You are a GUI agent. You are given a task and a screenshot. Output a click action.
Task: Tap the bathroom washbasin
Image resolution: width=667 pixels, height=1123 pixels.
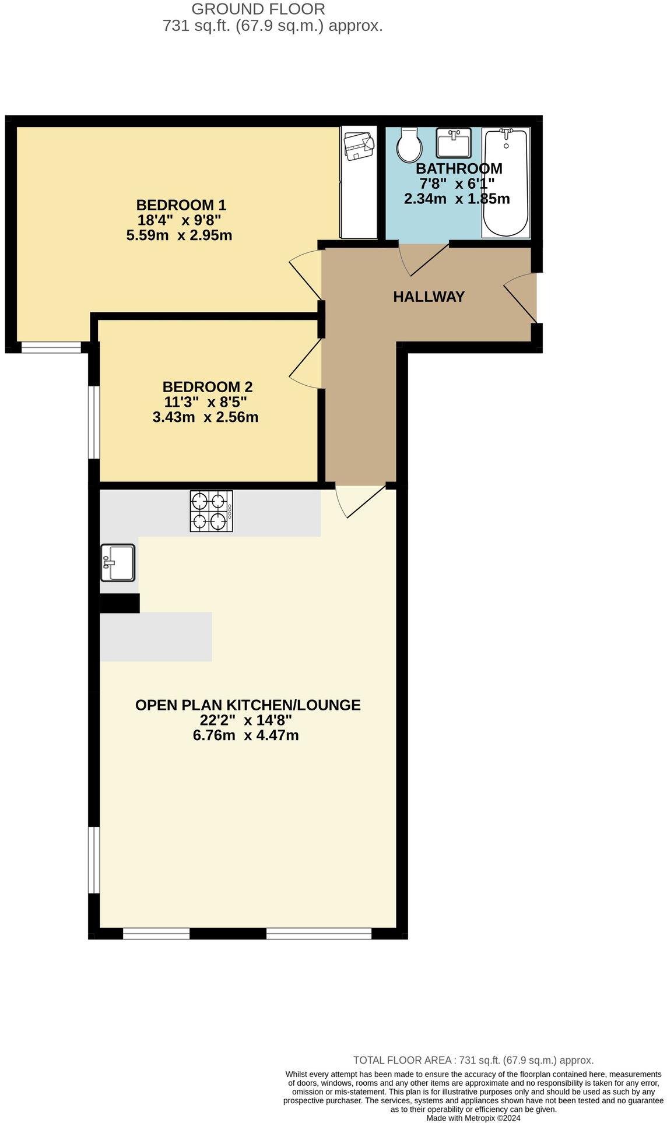pyautogui.click(x=454, y=143)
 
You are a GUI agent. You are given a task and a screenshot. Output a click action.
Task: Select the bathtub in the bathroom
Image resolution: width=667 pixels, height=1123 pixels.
pyautogui.click(x=505, y=182)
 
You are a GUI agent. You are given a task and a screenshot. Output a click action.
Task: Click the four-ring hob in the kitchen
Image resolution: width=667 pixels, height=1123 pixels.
pyautogui.click(x=211, y=511)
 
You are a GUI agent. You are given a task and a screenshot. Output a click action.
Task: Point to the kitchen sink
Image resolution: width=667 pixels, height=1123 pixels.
pyautogui.click(x=118, y=562)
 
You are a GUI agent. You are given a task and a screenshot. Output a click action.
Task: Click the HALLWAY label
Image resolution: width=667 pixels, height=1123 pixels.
pyautogui.click(x=429, y=297)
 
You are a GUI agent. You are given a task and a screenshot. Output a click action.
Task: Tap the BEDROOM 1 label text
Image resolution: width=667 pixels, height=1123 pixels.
pyautogui.click(x=181, y=205)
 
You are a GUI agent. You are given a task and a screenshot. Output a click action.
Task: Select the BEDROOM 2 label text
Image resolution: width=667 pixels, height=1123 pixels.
pyautogui.click(x=207, y=387)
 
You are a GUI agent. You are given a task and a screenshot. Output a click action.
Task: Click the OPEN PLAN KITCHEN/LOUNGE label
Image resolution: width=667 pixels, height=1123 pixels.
pyautogui.click(x=248, y=705)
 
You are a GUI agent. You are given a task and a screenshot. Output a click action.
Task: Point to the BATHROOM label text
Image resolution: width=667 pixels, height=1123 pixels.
pyautogui.click(x=459, y=168)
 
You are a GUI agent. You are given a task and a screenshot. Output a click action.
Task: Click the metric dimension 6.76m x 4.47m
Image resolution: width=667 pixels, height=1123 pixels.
pyautogui.click(x=245, y=735)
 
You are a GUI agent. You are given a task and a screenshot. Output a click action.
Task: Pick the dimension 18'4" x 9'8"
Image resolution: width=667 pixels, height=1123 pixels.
pyautogui.click(x=180, y=220)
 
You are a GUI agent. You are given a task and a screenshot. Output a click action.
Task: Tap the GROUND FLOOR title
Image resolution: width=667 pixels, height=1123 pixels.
pyautogui.click(x=258, y=9)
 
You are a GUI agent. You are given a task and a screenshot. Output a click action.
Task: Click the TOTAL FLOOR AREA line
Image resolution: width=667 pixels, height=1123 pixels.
pyautogui.click(x=473, y=1060)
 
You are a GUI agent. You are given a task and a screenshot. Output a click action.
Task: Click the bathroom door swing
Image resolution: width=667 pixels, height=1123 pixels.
pyautogui.click(x=424, y=259)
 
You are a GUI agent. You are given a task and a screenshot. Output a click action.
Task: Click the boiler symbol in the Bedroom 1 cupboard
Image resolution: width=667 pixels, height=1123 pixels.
pyautogui.click(x=359, y=146)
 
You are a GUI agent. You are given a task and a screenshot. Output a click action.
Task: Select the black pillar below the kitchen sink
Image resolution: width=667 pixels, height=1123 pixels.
pyautogui.click(x=120, y=603)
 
